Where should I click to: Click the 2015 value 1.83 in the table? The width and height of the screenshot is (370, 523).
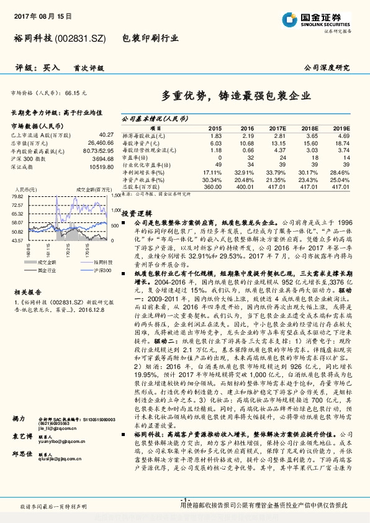click(x=216, y=135)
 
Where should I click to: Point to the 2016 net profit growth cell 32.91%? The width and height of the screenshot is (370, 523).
click(x=247, y=171)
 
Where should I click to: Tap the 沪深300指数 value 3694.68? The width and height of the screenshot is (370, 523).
click(x=102, y=160)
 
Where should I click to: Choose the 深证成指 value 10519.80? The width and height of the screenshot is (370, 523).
click(x=101, y=166)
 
